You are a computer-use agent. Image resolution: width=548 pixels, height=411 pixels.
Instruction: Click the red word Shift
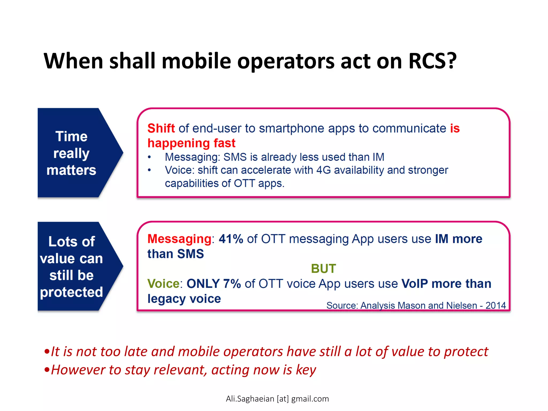[x=161, y=128]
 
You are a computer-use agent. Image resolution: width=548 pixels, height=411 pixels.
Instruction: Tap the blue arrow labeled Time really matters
[x=75, y=153]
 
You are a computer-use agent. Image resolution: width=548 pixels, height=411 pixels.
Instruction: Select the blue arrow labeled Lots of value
[x=75, y=267]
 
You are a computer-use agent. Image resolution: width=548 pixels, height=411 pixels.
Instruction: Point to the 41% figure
[x=231, y=239]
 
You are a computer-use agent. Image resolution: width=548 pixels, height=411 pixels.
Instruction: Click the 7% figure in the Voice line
[x=232, y=284]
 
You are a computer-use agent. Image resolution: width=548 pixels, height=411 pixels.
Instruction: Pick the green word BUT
[x=323, y=269]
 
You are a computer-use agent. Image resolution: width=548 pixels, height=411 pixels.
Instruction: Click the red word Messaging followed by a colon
[x=180, y=239]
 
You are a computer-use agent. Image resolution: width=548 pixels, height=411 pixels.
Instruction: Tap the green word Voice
[x=163, y=284]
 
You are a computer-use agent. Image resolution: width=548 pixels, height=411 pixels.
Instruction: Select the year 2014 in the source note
[x=496, y=305]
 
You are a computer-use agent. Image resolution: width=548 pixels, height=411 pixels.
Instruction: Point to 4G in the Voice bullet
[x=324, y=170]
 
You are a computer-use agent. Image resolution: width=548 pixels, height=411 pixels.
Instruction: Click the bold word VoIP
[x=414, y=284]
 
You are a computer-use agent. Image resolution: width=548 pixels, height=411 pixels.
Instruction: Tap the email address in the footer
[x=277, y=399]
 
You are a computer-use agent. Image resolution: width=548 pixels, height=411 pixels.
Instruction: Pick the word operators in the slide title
[x=286, y=61]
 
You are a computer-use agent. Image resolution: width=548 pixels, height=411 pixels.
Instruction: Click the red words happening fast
[x=192, y=143]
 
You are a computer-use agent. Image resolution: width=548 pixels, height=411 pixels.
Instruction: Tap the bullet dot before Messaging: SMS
[x=149, y=157]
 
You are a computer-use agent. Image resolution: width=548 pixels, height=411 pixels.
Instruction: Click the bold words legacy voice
[x=184, y=299]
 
